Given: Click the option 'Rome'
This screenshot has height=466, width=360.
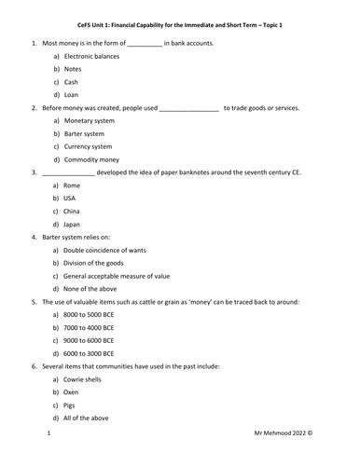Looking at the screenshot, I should (x=73, y=185).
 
